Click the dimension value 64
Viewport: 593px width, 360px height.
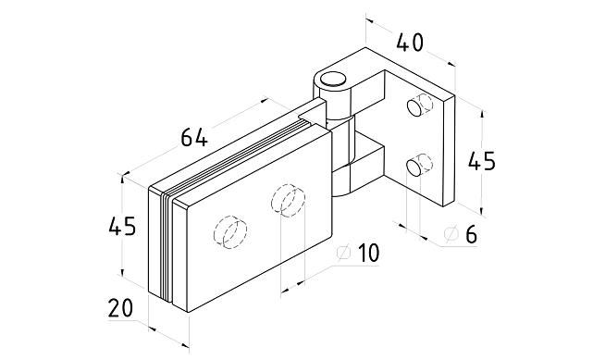[194, 137]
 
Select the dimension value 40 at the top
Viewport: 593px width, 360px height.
[410, 43]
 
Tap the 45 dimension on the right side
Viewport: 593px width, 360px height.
[481, 161]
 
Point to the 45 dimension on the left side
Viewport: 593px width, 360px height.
[122, 226]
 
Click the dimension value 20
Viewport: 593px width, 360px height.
[120, 308]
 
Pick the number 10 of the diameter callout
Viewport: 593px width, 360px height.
[368, 253]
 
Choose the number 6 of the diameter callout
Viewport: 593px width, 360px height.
[471, 234]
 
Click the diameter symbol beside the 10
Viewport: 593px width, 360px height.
[344, 253]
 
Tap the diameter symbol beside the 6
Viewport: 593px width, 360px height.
[451, 234]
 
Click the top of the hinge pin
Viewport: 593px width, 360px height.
[333, 79]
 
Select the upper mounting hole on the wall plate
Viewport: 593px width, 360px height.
[414, 108]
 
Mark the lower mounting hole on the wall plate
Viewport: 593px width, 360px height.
[414, 168]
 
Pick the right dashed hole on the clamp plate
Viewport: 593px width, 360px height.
[289, 201]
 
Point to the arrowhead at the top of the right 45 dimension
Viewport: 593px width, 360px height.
[481, 114]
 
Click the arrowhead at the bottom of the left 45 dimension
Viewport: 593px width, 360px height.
[122, 272]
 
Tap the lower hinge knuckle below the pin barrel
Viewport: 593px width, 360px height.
[341, 181]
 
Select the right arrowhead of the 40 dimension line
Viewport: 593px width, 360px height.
[451, 64]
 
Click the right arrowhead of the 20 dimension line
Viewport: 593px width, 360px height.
[185, 345]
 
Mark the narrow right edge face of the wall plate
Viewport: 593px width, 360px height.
[449, 151]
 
